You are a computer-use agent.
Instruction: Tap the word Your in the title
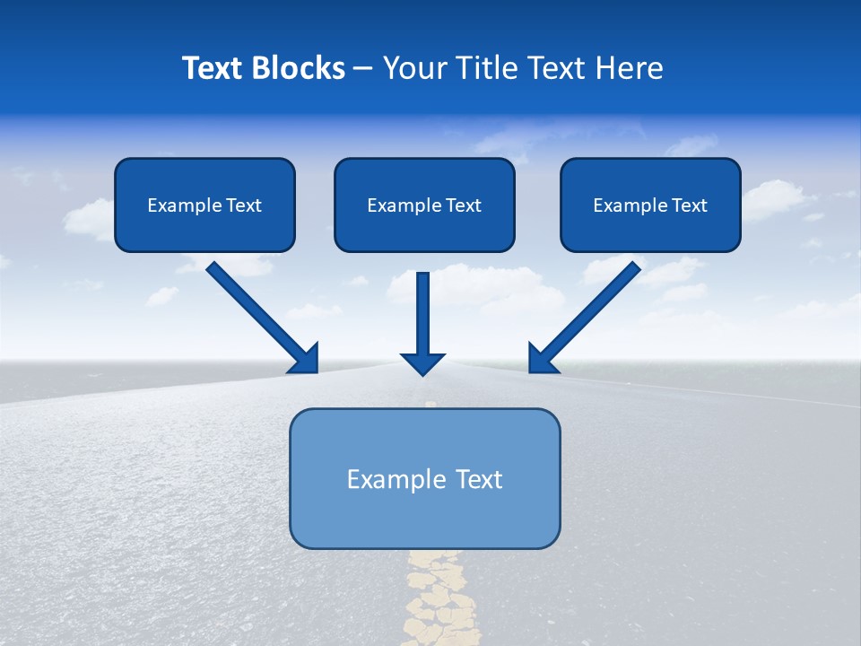tap(414, 68)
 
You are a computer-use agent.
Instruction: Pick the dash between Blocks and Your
tap(363, 69)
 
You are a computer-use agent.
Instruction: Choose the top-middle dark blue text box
tap(424, 231)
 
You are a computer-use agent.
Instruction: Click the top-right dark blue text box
tap(650, 231)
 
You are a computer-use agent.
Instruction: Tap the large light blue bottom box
tap(424, 520)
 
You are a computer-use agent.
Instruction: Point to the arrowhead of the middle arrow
tap(422, 362)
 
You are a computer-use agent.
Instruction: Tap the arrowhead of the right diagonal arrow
tap(541, 360)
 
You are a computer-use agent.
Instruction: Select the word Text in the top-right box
tap(690, 205)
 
